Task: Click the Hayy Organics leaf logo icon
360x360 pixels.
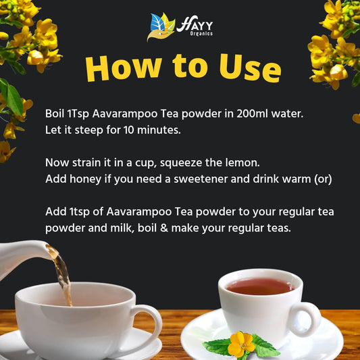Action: point(161,27)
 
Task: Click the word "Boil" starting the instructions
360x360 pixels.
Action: point(56,113)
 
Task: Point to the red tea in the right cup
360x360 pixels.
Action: point(259,286)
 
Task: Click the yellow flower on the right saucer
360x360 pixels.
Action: point(240,344)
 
